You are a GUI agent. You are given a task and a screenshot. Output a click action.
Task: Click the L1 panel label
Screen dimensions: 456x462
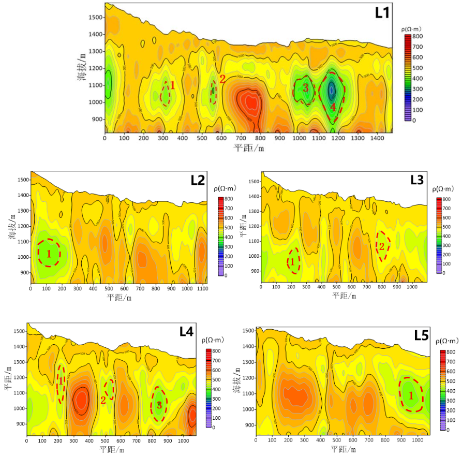(x=382, y=13)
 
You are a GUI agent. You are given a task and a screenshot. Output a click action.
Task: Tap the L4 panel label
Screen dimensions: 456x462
(x=186, y=331)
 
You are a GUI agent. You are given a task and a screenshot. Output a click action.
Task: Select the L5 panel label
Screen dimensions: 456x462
(x=421, y=336)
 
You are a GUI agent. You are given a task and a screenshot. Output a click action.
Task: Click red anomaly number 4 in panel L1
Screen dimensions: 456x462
(x=333, y=107)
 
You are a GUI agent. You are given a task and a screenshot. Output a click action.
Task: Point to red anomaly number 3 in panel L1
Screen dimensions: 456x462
(x=305, y=88)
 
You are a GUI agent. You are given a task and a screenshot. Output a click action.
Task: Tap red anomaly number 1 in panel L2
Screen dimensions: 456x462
(x=49, y=254)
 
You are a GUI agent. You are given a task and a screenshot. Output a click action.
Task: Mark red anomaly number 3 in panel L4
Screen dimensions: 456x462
(x=159, y=404)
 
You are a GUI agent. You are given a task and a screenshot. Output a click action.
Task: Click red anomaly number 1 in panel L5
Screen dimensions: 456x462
(x=411, y=395)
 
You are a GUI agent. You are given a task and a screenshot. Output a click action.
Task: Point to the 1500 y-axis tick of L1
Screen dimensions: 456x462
(x=95, y=18)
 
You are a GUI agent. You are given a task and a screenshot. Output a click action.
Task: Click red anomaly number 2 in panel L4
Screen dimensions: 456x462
(x=103, y=400)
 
